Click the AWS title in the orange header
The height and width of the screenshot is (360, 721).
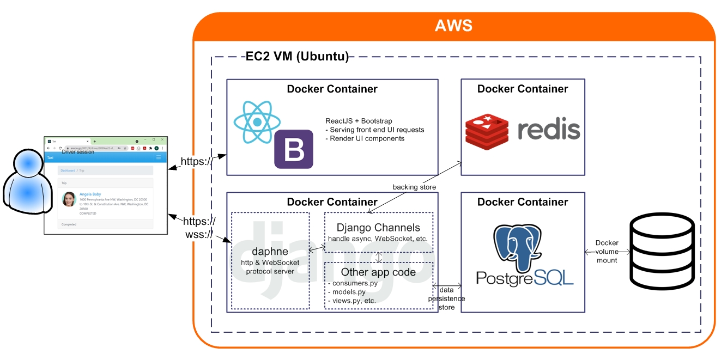pos(453,26)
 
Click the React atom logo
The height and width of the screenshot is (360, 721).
pos(257,122)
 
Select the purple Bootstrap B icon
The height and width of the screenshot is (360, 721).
pos(293,149)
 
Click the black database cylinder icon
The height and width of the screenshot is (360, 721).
pos(661,251)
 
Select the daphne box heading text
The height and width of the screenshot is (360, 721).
pos(270,252)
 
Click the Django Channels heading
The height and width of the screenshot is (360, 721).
pos(378,228)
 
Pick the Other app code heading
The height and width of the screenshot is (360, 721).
pos(378,272)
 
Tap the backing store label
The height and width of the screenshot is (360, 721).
pos(414,187)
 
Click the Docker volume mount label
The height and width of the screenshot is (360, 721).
pos(607,252)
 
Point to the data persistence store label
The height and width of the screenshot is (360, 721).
pos(446,298)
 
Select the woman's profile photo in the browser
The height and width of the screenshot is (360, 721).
pos(69,199)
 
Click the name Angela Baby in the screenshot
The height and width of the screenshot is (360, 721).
pos(90,194)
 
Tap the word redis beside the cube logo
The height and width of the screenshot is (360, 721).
pos(548,131)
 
